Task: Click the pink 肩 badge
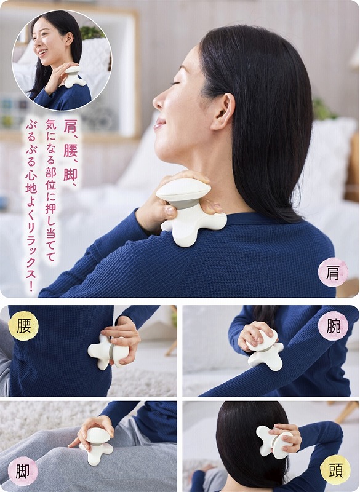tap(333, 272)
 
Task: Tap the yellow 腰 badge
tap(23, 326)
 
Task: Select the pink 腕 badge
tap(333, 326)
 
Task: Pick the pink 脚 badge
tap(23, 471)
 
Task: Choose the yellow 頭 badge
tap(335, 470)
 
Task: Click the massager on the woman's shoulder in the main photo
tap(190, 211)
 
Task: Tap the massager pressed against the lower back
tap(108, 352)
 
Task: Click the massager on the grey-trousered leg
tap(97, 445)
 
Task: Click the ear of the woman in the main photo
tap(223, 111)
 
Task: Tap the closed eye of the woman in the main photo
tap(175, 83)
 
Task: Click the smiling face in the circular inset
tap(48, 40)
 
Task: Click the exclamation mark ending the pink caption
tap(31, 287)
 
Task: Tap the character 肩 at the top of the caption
tap(70, 125)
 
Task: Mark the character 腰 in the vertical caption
tap(70, 150)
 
